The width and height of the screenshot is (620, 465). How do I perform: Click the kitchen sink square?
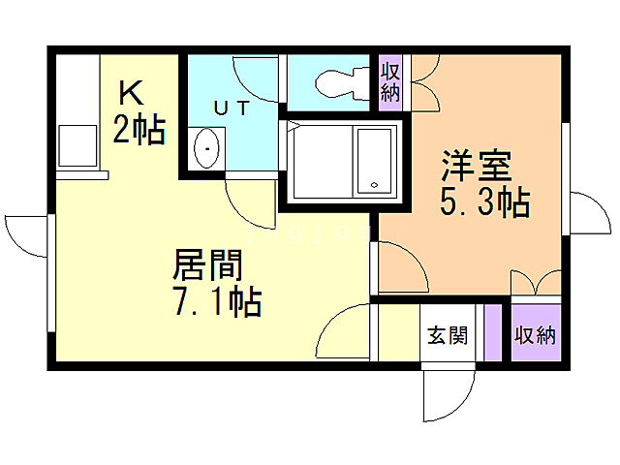point(75,145)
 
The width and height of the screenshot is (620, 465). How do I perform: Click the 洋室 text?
point(477,165)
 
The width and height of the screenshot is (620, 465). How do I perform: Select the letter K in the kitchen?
point(132,94)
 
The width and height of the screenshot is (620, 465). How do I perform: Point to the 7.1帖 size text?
point(217,302)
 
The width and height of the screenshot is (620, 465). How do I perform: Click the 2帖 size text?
point(138,129)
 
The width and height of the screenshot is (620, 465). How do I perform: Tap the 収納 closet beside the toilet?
point(389,82)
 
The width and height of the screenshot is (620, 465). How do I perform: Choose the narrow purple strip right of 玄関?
point(492,333)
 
